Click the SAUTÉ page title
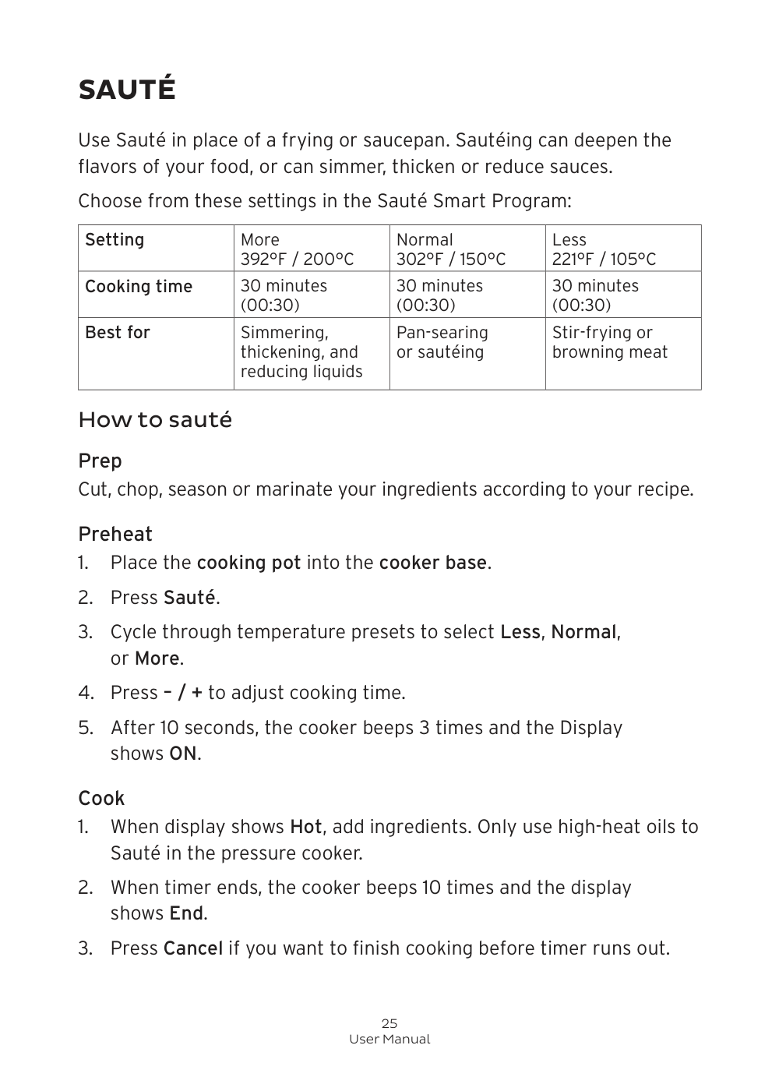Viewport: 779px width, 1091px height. coord(127,90)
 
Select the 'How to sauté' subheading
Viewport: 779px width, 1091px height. coord(155,420)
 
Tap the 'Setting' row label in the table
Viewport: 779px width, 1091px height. coord(115,240)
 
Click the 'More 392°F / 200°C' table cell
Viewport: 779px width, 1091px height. coord(297,249)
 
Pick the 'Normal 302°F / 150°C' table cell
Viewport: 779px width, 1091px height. coord(450,249)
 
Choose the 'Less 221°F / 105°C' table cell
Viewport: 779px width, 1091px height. coord(604,249)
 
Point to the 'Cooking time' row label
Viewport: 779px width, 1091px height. coord(139,287)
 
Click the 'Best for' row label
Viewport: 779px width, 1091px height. coord(118,333)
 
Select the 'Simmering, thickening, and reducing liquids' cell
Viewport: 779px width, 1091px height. coord(301,352)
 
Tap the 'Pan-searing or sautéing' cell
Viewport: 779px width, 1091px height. coord(442,342)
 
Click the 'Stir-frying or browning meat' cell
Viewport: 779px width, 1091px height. coord(609,342)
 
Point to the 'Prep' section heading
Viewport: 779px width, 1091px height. coord(100,461)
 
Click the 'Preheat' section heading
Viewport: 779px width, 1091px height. coord(115,535)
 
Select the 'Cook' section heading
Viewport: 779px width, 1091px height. coord(101,799)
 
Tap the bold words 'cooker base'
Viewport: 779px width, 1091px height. coord(432,563)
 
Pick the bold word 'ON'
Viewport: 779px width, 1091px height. coord(183,754)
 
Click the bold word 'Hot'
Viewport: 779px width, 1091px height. coord(306,827)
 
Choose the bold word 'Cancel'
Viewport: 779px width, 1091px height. coord(192,948)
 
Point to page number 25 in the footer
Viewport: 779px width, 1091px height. coord(389,1023)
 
